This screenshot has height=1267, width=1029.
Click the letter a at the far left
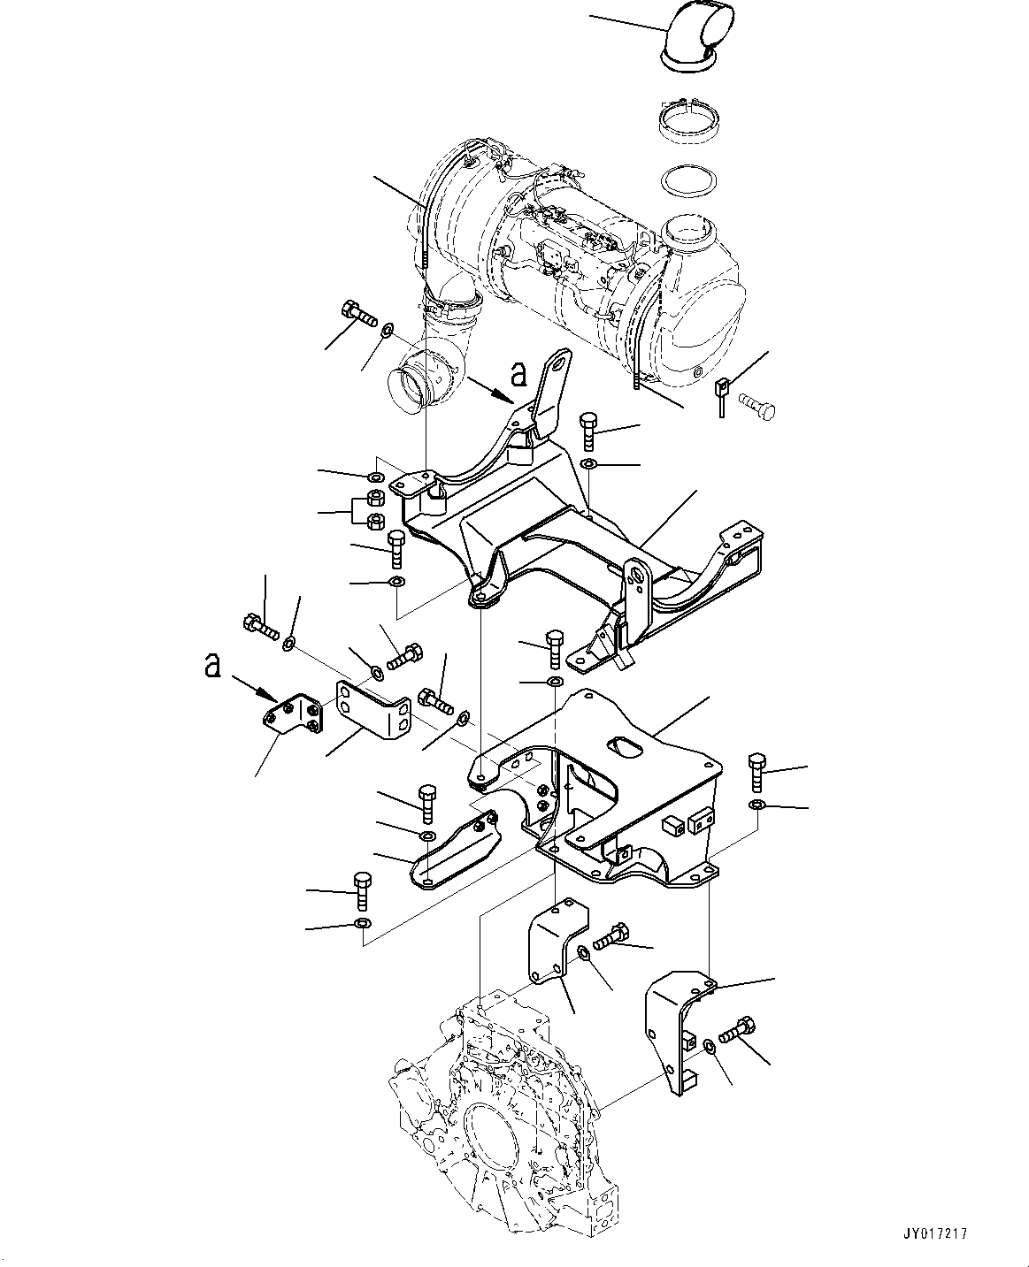click(x=211, y=665)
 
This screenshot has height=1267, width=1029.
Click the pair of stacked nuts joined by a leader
click(x=374, y=510)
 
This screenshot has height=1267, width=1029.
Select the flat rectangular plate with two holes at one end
click(x=372, y=708)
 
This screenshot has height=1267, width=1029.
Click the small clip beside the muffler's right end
click(x=722, y=389)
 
